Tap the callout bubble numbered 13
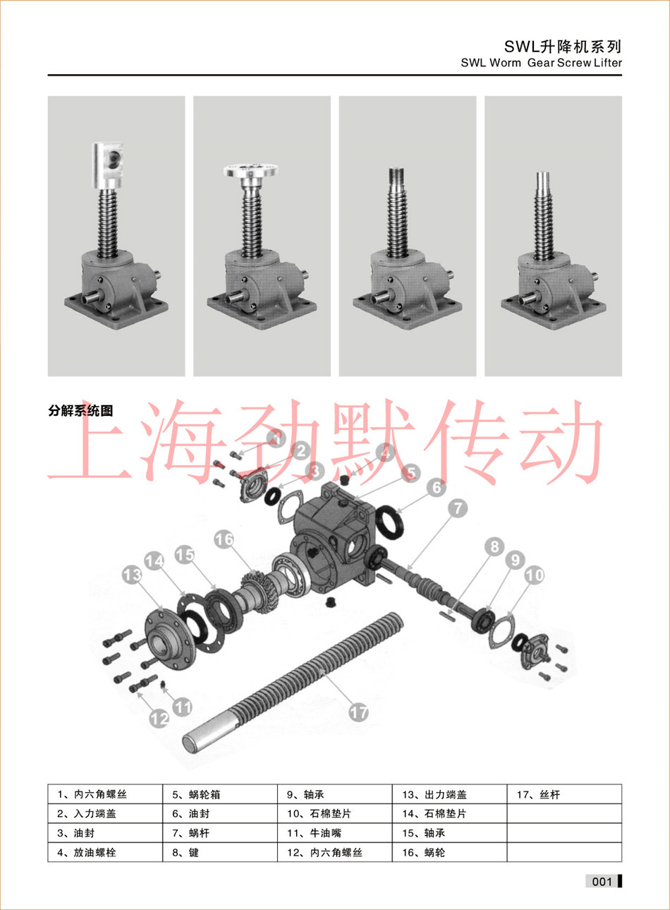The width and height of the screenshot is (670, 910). [x=133, y=575]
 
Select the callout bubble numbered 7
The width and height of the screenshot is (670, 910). [x=458, y=508]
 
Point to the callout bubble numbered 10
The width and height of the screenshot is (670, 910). [x=534, y=575]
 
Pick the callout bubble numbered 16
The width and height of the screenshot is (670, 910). [x=224, y=539]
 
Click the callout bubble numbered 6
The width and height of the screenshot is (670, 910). [x=437, y=486]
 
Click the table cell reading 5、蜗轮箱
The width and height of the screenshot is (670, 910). [x=220, y=794]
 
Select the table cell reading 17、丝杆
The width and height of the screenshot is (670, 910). [x=564, y=794]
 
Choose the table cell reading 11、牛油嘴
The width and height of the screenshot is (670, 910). [x=335, y=833]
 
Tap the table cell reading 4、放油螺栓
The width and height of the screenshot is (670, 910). [x=105, y=852]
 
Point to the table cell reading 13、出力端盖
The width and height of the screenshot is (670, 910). [x=450, y=794]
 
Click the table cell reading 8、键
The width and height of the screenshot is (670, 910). [x=220, y=852]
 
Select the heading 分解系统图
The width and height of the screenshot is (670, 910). [x=80, y=411]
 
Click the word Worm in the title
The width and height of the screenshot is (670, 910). [x=505, y=63]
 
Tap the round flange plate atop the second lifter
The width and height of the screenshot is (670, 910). [x=251, y=170]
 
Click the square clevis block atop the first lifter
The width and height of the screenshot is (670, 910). [x=107, y=165]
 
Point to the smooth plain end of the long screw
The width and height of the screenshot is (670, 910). [x=210, y=733]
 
